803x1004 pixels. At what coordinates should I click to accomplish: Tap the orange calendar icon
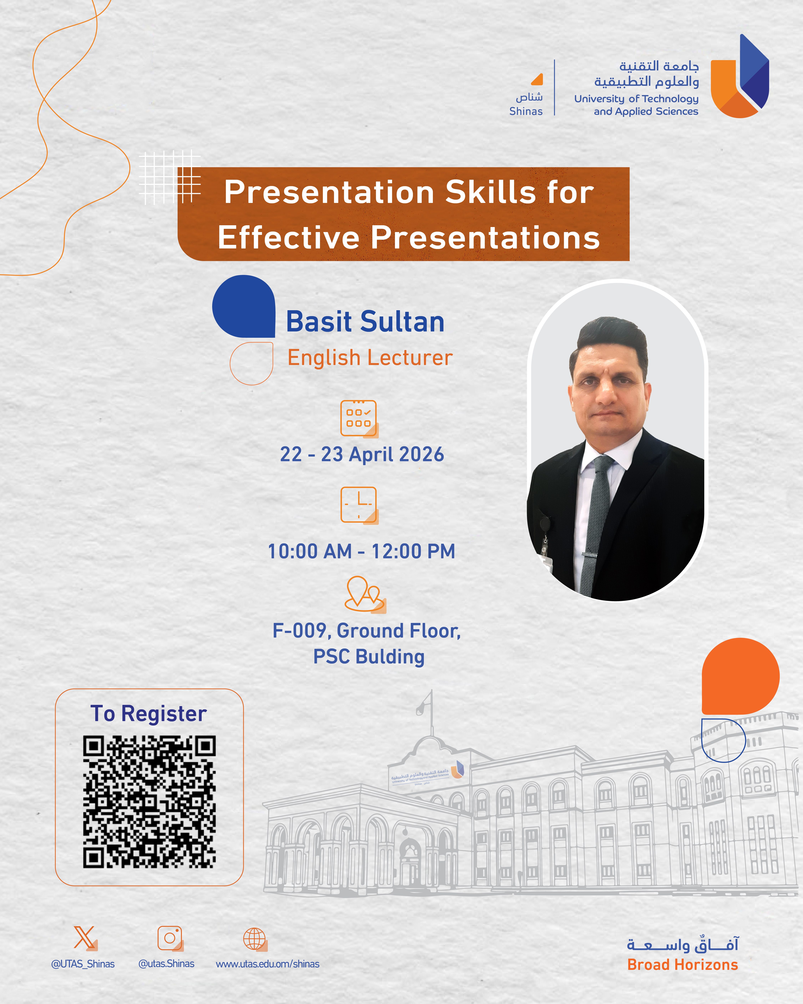coord(359,419)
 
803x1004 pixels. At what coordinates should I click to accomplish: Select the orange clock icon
coord(359,505)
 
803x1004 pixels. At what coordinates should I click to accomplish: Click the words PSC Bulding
coord(369,657)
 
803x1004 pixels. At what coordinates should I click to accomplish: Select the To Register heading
coord(148,713)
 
